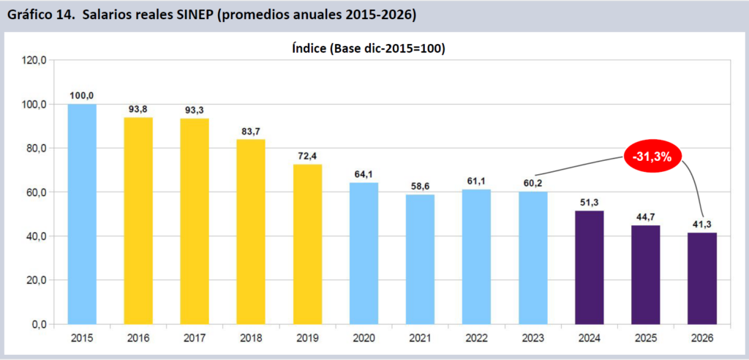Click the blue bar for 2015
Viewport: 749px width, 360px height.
click(x=82, y=214)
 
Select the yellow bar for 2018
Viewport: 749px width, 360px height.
click(x=251, y=231)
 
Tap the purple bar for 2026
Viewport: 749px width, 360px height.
click(x=702, y=278)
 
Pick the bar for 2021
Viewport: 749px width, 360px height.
click(x=420, y=259)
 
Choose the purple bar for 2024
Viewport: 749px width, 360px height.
click(x=590, y=267)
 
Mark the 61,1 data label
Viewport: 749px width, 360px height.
click(x=477, y=180)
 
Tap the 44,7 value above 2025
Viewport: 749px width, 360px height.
click(x=646, y=216)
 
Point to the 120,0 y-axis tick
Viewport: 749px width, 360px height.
click(x=34, y=60)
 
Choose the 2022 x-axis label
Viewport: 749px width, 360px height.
click(x=477, y=339)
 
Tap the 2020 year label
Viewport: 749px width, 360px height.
click(x=364, y=339)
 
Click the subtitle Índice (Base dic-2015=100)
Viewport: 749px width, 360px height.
click(x=369, y=49)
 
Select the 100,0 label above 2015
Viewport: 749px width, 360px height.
click(x=82, y=95)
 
